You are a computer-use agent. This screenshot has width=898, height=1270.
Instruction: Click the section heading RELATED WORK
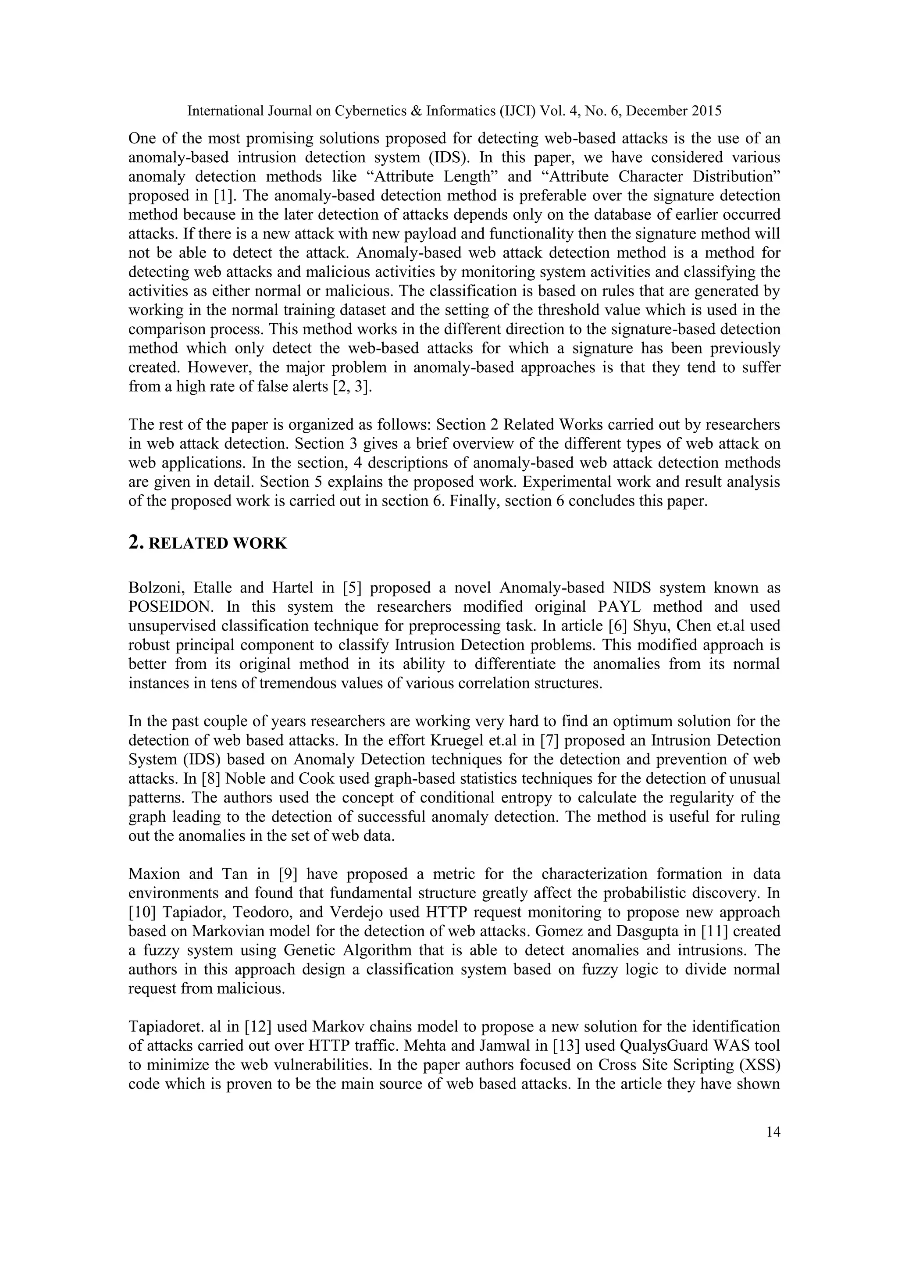click(218, 544)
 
